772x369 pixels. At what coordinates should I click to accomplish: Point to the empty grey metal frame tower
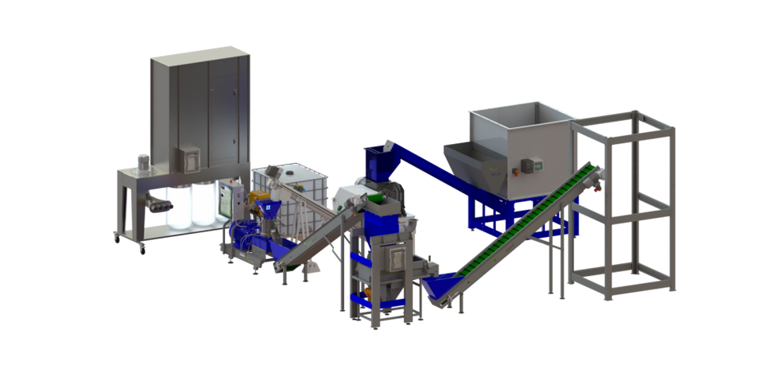[625, 203]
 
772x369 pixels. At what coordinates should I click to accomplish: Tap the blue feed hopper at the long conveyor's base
[442, 282]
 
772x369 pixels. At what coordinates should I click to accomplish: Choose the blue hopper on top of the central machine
[379, 164]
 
